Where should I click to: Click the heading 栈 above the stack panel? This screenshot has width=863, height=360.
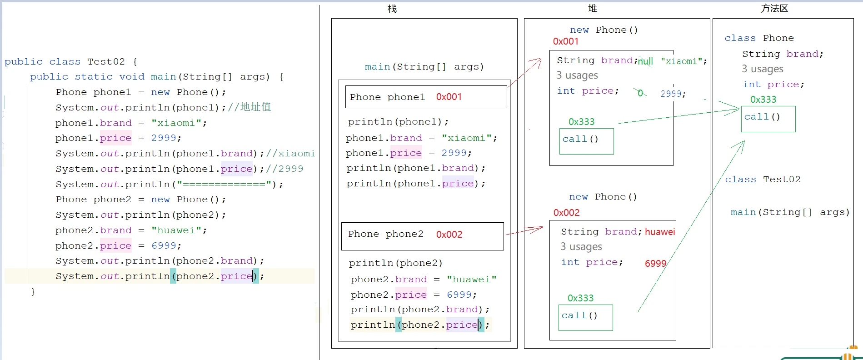[392, 9]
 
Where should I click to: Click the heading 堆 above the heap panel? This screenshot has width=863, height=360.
[593, 8]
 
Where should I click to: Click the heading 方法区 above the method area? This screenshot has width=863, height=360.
[774, 8]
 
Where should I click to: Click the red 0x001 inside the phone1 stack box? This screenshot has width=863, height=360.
[449, 97]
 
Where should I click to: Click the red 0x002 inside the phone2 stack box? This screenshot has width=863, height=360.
[449, 235]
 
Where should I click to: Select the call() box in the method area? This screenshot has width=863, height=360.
[768, 119]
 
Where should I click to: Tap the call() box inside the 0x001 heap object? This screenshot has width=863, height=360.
[586, 141]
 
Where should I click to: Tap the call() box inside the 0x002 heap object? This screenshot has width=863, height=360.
[585, 318]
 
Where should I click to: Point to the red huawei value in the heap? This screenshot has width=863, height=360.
[660, 232]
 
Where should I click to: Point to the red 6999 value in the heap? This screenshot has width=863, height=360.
[656, 264]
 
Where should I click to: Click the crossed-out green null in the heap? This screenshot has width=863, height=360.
[645, 61]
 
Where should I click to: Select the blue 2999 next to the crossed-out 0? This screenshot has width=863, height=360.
[671, 94]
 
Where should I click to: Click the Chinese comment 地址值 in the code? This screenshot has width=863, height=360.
[256, 107]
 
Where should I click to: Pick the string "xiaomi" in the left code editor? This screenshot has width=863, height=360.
[176, 123]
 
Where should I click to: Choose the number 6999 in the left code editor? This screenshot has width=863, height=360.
[164, 246]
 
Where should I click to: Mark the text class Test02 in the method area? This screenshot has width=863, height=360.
[763, 180]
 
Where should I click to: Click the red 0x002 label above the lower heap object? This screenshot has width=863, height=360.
[567, 213]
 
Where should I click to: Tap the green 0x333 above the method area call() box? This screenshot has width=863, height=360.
[763, 100]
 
